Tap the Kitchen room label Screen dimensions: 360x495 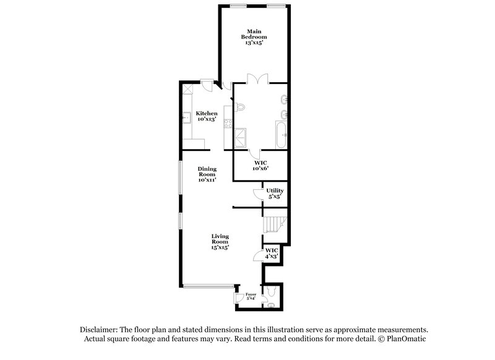pyautogui.click(x=207, y=116)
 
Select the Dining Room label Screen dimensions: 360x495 pyautogui.click(x=207, y=174)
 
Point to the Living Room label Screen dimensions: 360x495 pyautogui.click(x=220, y=242)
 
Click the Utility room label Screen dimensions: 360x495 pyautogui.click(x=275, y=194)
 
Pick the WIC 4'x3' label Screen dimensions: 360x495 pyautogui.click(x=272, y=253)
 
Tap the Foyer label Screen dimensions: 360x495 pyautogui.click(x=251, y=296)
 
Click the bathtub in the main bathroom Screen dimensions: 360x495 pyautogui.click(x=282, y=134)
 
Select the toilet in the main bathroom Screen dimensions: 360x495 pyautogui.click(x=240, y=108)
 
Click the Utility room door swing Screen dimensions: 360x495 pyautogui.click(x=258, y=194)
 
